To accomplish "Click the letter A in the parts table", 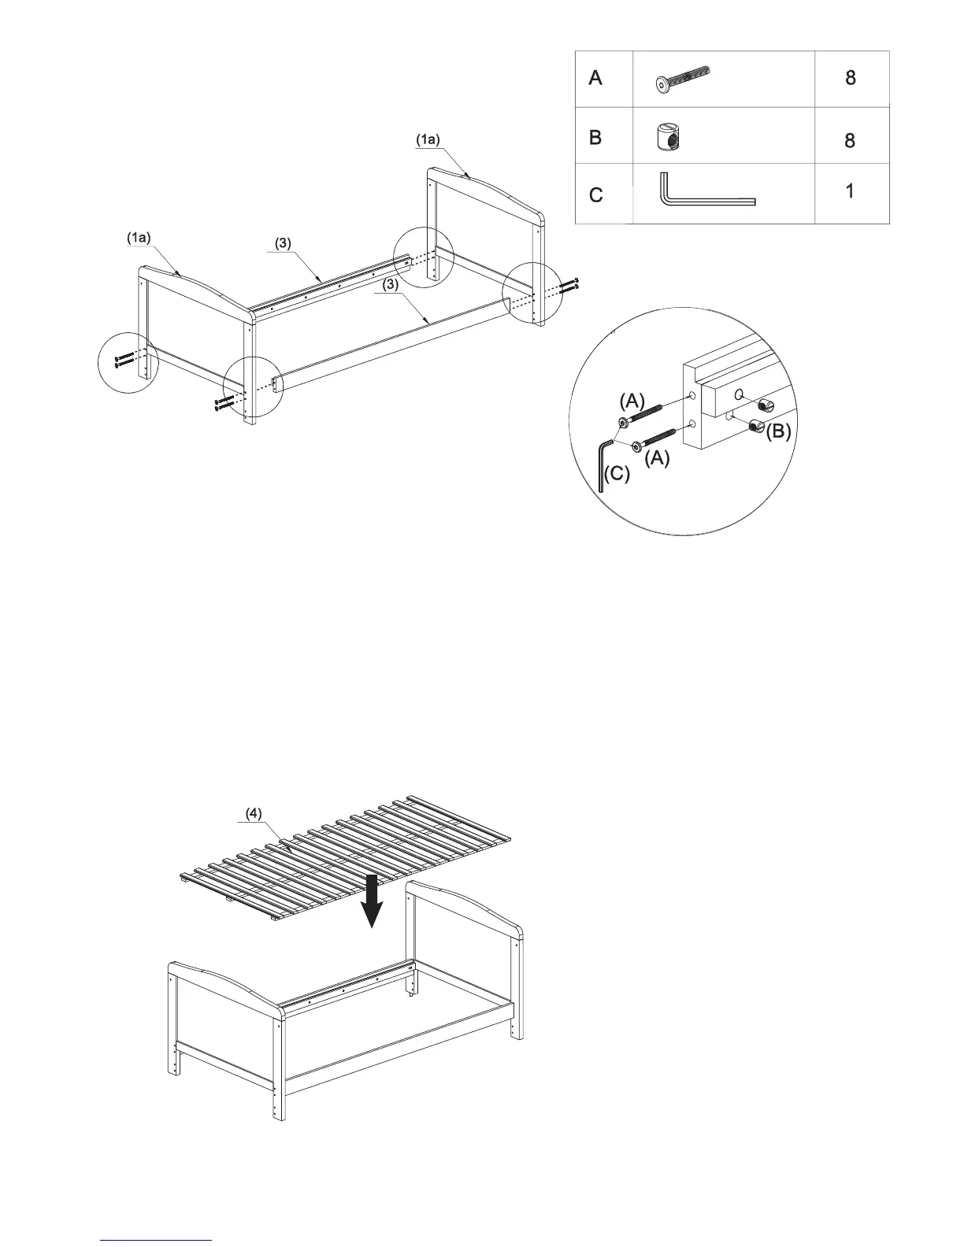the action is tap(595, 78).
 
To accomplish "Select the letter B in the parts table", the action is tap(595, 137).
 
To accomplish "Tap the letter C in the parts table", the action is tap(596, 194).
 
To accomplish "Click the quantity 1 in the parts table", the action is tap(850, 191).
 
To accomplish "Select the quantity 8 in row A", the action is tap(850, 77).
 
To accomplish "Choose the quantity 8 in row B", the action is tap(850, 141).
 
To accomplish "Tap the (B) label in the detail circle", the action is tap(778, 432).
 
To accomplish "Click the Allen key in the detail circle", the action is tap(602, 464).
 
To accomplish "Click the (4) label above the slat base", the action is tap(253, 814).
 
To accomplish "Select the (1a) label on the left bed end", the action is tap(139, 237).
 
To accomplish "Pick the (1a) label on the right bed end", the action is tap(428, 139).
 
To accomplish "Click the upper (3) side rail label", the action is tap(283, 243).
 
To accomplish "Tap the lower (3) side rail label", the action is tap(390, 286).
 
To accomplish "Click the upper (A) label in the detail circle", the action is tap(632, 401).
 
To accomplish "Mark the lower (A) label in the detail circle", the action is tap(657, 460).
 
